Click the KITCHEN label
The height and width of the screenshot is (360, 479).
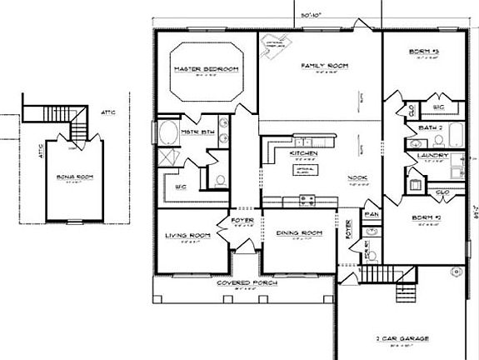[302, 154]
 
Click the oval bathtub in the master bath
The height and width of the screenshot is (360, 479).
[167, 133]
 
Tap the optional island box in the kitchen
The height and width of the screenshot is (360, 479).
[302, 170]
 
